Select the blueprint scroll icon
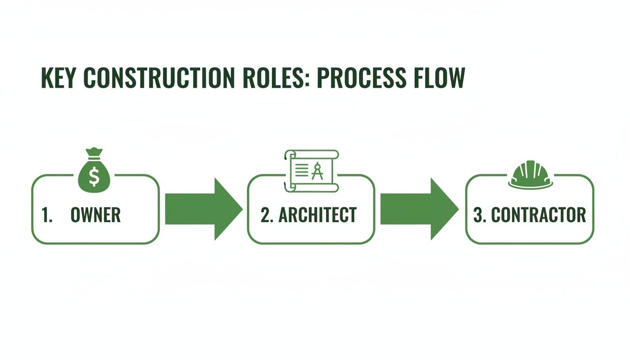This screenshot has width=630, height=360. [311, 171]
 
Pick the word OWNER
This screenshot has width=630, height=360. [96, 215]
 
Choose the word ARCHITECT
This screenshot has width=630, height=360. [317, 215]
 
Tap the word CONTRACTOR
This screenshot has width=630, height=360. [538, 215]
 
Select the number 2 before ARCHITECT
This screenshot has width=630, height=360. [266, 215]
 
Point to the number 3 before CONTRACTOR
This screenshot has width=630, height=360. [479, 215]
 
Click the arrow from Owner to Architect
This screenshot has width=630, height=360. [203, 209]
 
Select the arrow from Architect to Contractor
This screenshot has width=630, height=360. [419, 209]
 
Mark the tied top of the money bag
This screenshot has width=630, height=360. [94, 153]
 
